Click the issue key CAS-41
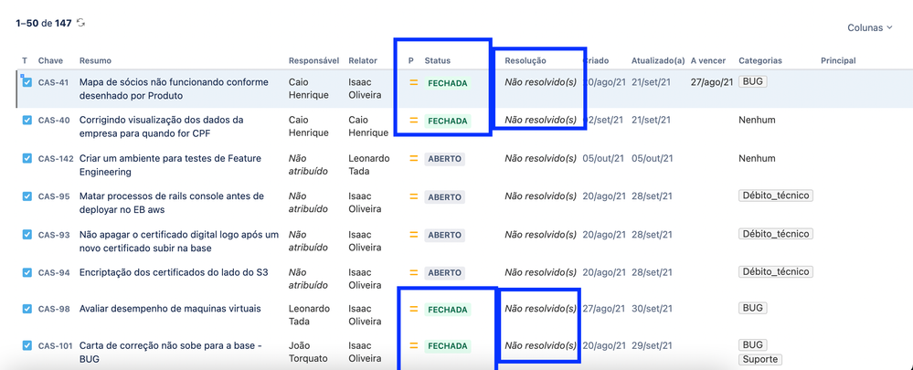[54, 83]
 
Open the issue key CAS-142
[56, 159]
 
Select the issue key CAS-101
[56, 346]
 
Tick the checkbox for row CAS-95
[27, 196]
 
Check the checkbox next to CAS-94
[27, 272]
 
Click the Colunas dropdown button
[869, 28]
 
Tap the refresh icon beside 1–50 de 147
[81, 23]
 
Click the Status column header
[438, 61]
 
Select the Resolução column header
[526, 61]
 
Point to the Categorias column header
[760, 61]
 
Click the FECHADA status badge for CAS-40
[448, 121]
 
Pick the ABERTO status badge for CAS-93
[445, 235]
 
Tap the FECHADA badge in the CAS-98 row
[448, 310]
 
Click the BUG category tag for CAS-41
[753, 82]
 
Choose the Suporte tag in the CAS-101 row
[759, 360]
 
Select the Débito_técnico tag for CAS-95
[776, 196]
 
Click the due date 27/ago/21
[712, 82]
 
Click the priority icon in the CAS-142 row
[413, 159]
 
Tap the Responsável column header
[313, 61]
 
